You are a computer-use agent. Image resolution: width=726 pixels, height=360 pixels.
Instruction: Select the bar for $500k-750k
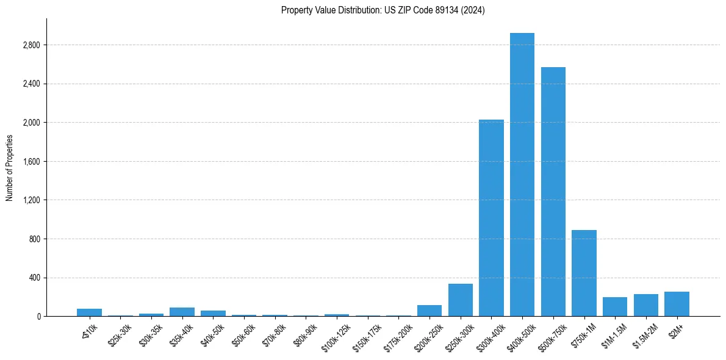pyautogui.click(x=553, y=192)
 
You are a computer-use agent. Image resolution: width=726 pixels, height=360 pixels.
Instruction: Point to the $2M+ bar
pyautogui.click(x=677, y=304)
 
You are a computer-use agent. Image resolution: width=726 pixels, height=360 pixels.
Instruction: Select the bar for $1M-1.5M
pyautogui.click(x=615, y=307)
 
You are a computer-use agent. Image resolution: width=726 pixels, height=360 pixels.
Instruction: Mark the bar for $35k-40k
pyautogui.click(x=182, y=312)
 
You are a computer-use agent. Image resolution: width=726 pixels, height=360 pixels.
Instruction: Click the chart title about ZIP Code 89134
pyautogui.click(x=383, y=10)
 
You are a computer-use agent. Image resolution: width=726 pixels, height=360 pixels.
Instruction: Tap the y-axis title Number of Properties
pyautogui.click(x=10, y=168)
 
